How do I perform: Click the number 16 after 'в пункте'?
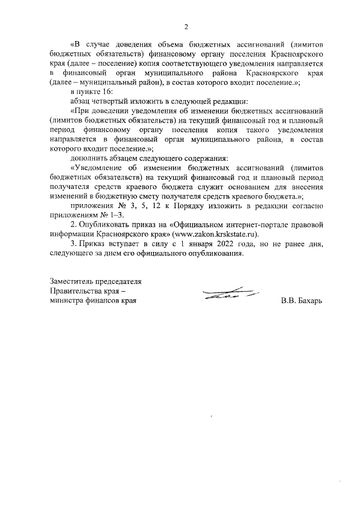(x=107, y=91)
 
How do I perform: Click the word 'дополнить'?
(x=86, y=158)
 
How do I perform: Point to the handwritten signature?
(x=227, y=294)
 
